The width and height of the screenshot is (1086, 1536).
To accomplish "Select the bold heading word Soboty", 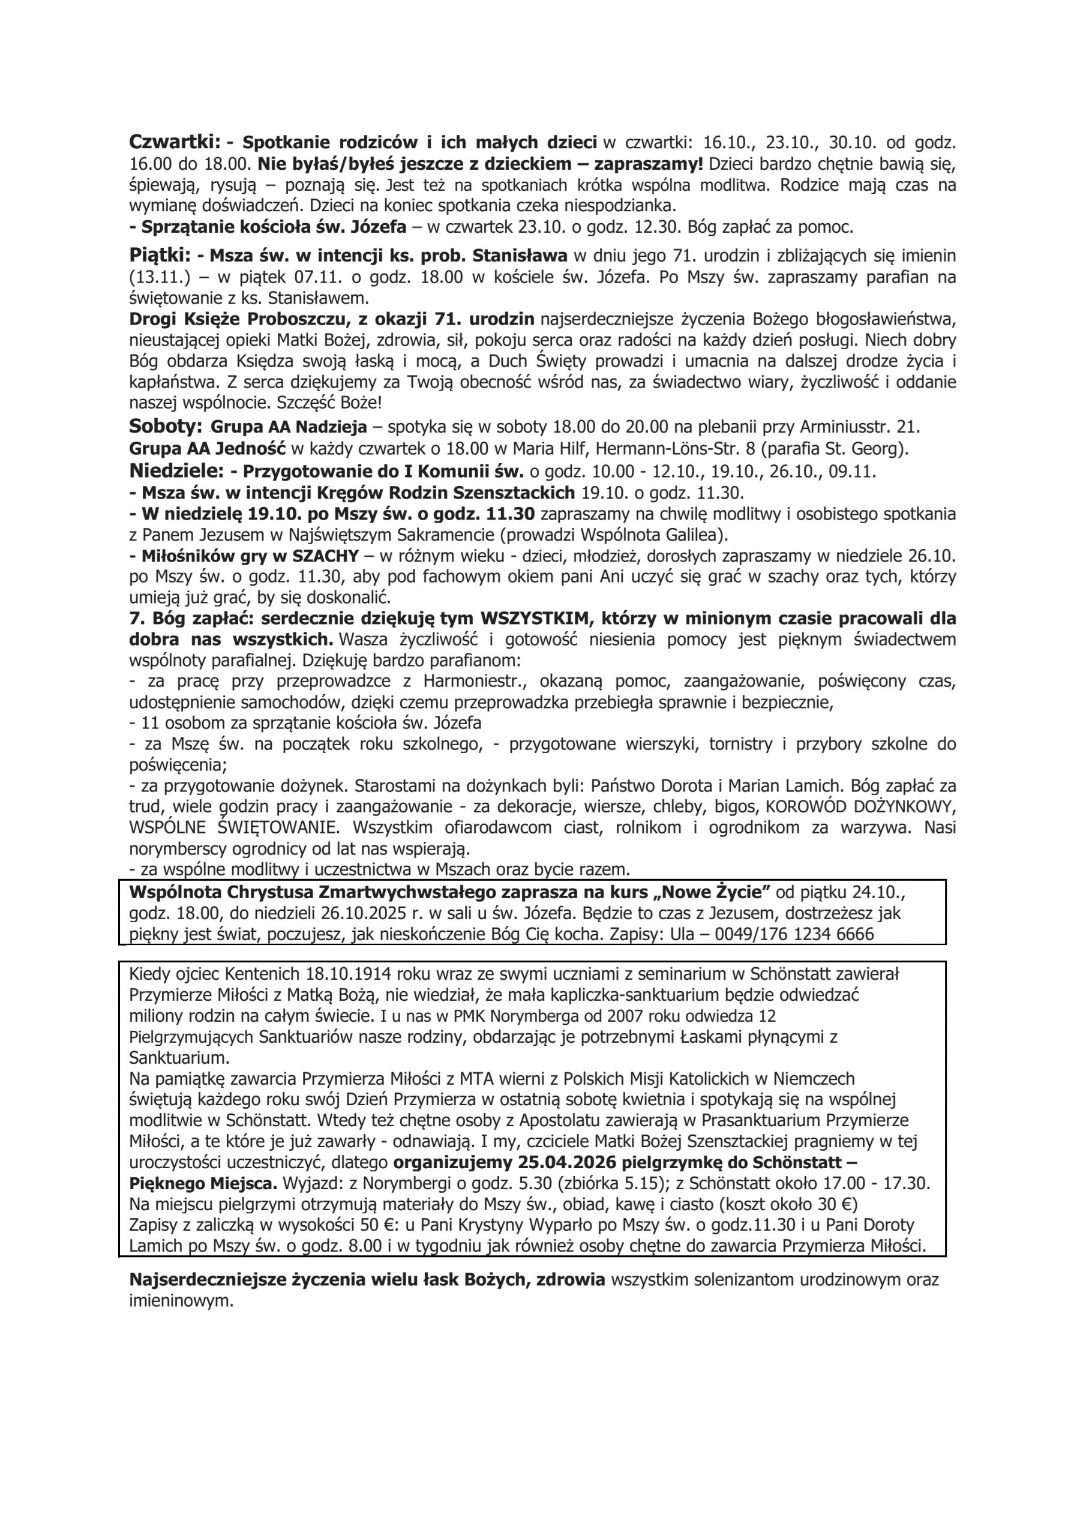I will tap(164, 426).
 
